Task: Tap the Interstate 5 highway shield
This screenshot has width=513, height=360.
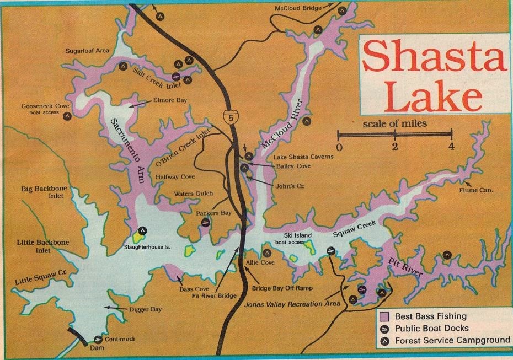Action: coord(229,116)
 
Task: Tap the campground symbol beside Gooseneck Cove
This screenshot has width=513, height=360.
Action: coord(67,116)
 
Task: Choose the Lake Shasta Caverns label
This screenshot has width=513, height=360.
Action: coord(303,157)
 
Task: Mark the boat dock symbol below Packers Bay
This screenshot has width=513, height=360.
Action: coord(205,223)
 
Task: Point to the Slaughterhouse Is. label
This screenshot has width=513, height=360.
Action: coord(146,247)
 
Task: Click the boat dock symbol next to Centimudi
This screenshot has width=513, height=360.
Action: coord(98,340)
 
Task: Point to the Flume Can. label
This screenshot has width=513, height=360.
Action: coord(476,191)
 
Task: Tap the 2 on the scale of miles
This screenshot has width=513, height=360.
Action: coord(395,147)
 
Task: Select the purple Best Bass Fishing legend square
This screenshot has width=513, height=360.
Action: coord(385,316)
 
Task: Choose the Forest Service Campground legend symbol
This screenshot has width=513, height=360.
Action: coord(385,341)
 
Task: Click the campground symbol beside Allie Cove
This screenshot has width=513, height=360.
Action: coord(267,253)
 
